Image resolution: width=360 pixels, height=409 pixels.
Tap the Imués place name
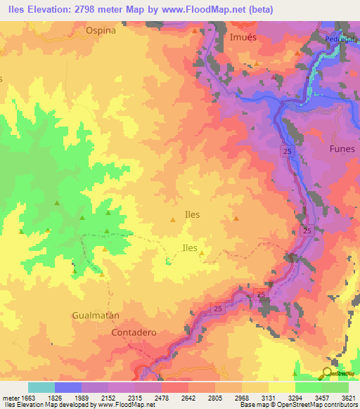(243, 37)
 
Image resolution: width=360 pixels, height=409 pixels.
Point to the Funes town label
(342, 149)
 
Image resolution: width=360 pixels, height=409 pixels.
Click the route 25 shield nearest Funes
(290, 152)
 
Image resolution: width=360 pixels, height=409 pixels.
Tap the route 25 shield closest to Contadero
(217, 309)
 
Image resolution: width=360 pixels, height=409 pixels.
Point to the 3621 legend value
(348, 397)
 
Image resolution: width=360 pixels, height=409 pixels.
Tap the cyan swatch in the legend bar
(41, 387)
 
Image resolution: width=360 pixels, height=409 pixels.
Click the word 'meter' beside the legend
(9, 397)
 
